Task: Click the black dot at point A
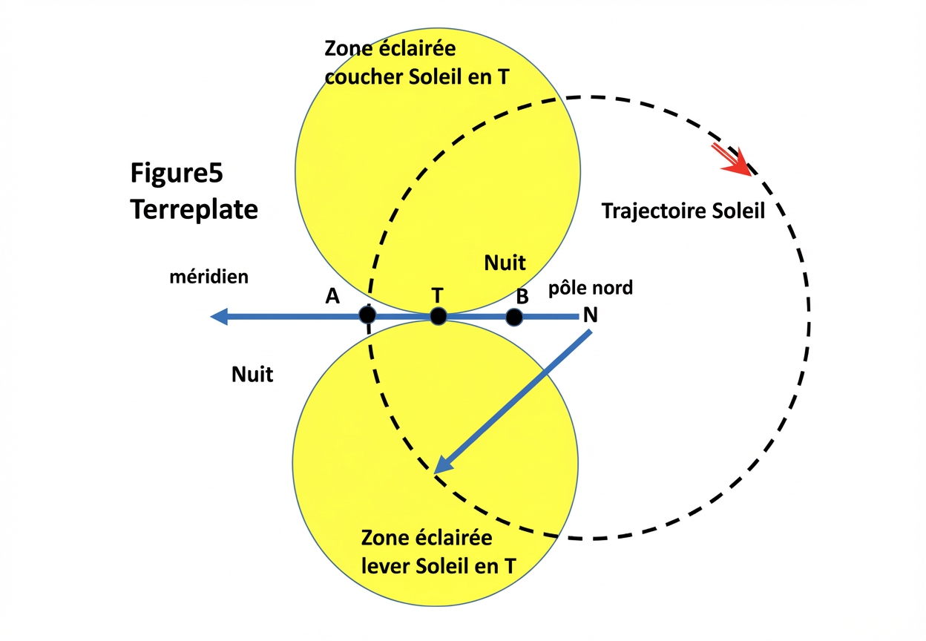click(x=367, y=315)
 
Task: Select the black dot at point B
click(x=514, y=318)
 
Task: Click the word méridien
click(x=209, y=277)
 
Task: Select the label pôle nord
click(x=591, y=287)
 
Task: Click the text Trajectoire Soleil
click(x=683, y=211)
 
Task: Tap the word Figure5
click(x=177, y=174)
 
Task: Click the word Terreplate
click(x=194, y=209)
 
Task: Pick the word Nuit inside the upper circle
click(x=505, y=262)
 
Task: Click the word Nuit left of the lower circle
click(x=252, y=374)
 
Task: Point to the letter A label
click(x=332, y=297)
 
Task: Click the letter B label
click(x=522, y=297)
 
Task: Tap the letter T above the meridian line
click(x=437, y=295)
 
